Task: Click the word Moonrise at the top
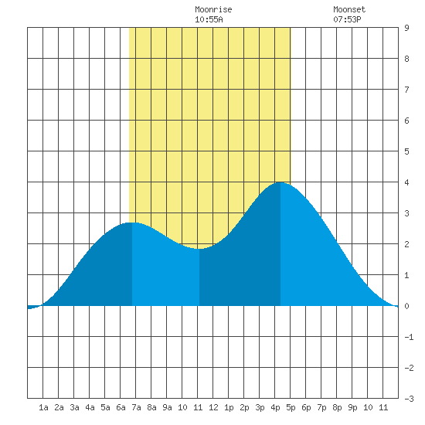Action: click(213, 9)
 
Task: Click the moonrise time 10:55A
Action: click(209, 19)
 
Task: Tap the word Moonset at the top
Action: click(349, 9)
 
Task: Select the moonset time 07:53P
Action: click(347, 19)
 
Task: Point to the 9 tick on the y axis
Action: click(406, 28)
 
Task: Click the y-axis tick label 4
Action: click(406, 182)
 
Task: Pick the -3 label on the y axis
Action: click(409, 399)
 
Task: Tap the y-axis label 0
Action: click(406, 306)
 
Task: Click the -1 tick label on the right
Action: click(409, 337)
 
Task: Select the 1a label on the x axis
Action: click(43, 407)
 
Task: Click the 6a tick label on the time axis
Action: click(121, 407)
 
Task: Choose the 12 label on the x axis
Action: click(213, 407)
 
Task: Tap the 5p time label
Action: click(291, 407)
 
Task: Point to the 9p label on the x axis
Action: click(352, 407)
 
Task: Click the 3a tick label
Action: click(74, 407)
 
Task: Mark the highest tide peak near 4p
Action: click(280, 182)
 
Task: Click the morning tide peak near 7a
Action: click(132, 223)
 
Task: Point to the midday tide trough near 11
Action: click(199, 249)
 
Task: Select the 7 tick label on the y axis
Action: click(406, 90)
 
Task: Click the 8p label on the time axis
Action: click(337, 407)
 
